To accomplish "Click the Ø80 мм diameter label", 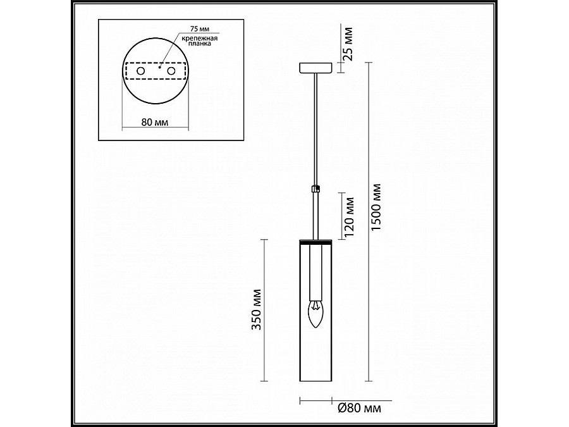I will click(359, 409).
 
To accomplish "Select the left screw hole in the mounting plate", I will click(140, 73).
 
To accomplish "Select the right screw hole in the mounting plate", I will click(170, 73).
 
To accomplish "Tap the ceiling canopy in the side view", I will click(315, 67).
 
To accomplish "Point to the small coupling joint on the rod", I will click(315, 188).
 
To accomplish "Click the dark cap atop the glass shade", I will click(315, 242).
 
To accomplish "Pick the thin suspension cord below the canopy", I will click(315, 127).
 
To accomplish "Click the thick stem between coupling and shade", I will click(315, 215).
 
